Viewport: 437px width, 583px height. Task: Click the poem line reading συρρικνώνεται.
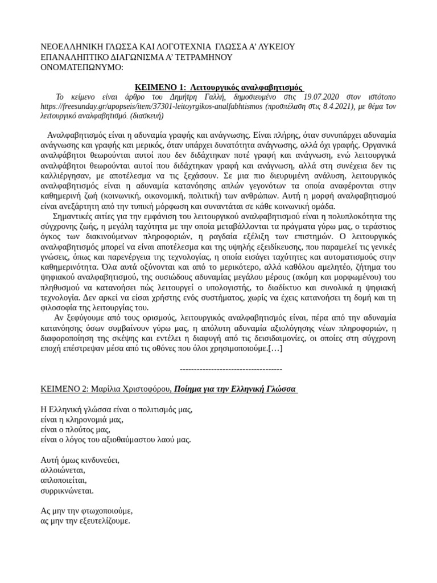click(x=67, y=490)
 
